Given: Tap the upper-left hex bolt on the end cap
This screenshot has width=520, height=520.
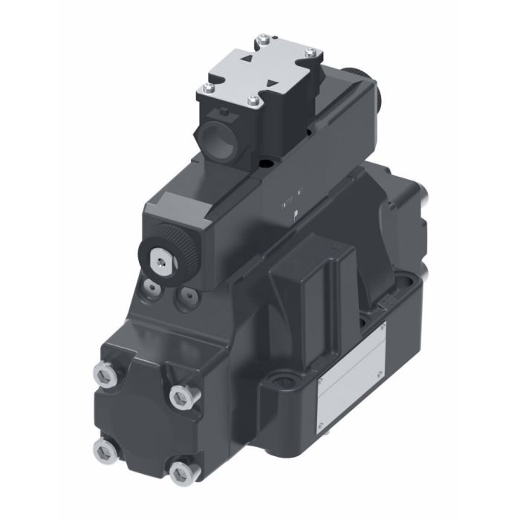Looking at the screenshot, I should (x=104, y=374).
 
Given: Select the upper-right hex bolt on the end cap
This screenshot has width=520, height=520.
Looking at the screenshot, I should (x=179, y=398).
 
